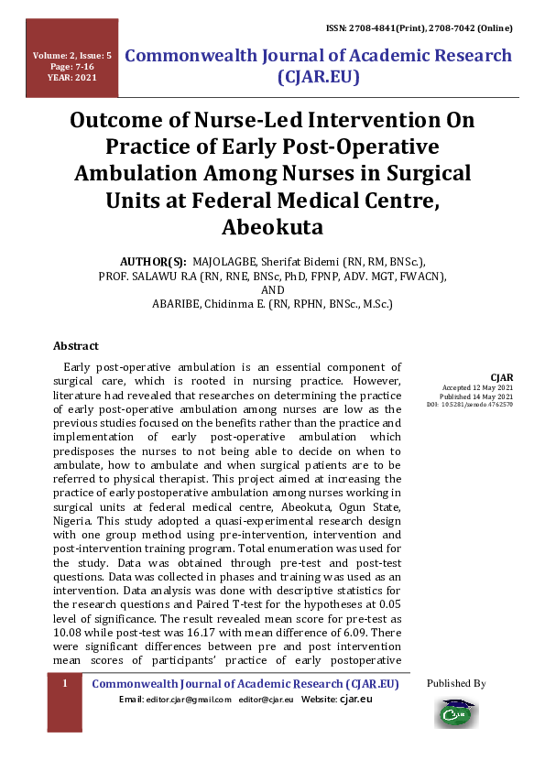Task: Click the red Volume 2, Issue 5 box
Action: click(72, 67)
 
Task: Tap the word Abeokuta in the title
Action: click(272, 227)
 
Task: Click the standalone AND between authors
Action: click(273, 290)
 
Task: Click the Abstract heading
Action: click(76, 346)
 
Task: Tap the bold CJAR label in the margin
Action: click(502, 377)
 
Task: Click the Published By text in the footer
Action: click(456, 684)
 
